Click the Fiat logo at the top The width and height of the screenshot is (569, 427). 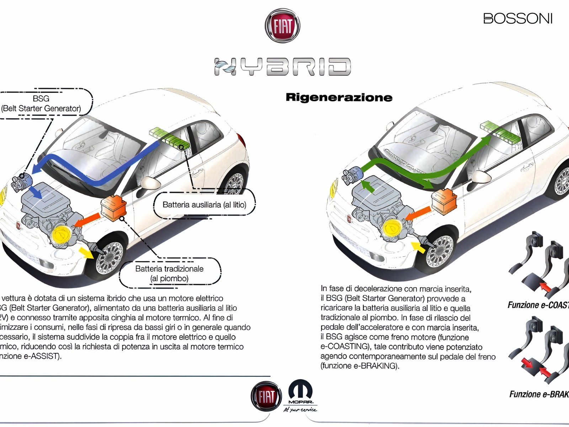282,26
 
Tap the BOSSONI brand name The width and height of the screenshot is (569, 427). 518,19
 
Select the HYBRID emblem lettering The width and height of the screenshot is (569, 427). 283,67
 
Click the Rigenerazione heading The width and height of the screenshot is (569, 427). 339,97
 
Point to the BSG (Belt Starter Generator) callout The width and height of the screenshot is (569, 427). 42,104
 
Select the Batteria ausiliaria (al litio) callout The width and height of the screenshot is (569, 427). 204,205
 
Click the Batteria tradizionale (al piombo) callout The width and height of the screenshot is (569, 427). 169,273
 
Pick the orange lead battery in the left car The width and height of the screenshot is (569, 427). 114,208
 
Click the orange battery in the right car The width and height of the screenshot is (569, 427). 444,202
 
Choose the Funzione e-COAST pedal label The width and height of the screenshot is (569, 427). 538,305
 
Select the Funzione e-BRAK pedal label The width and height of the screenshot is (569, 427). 539,394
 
